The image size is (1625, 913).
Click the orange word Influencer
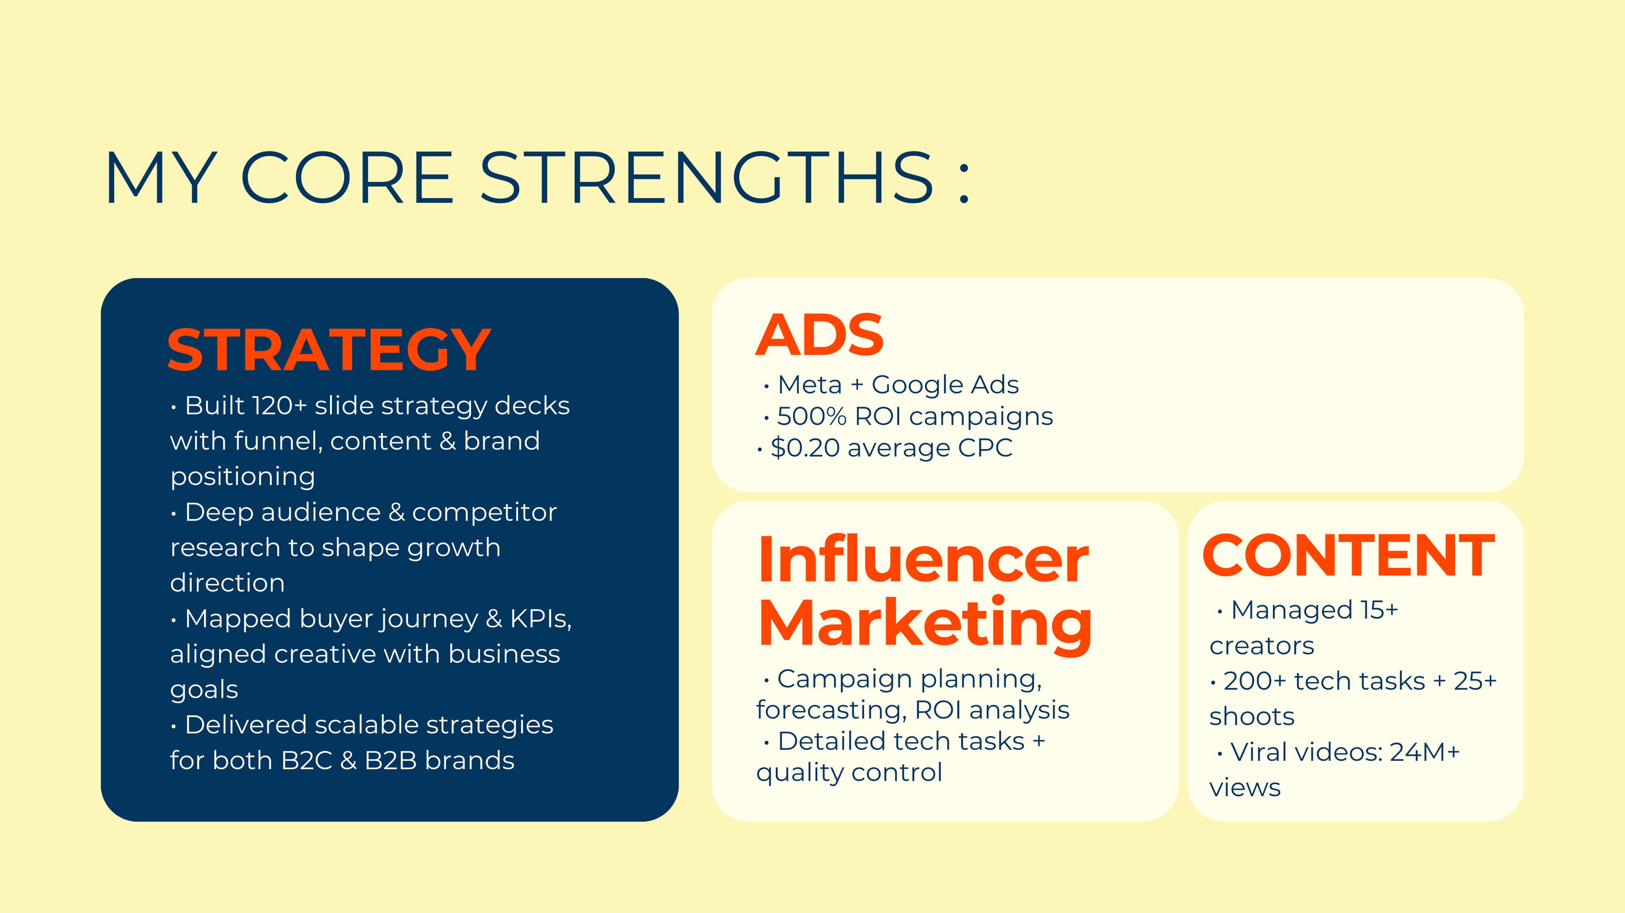923,559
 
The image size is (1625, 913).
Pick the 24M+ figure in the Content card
1424,752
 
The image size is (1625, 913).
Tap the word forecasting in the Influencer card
832,710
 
